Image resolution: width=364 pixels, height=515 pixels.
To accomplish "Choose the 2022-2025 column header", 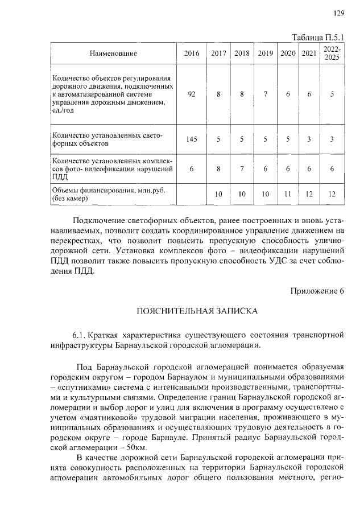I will (x=332, y=53).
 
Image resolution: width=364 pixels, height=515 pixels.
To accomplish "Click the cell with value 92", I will (x=192, y=94).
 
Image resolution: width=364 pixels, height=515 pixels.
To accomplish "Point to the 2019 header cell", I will (x=265, y=53).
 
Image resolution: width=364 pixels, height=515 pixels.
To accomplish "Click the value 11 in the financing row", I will (x=288, y=195).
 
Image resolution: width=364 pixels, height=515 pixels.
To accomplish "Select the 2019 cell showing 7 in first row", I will (x=265, y=94).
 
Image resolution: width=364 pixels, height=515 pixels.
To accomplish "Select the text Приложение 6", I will (x=317, y=291).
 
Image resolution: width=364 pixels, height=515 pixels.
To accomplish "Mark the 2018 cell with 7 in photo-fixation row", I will (x=242, y=169).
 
